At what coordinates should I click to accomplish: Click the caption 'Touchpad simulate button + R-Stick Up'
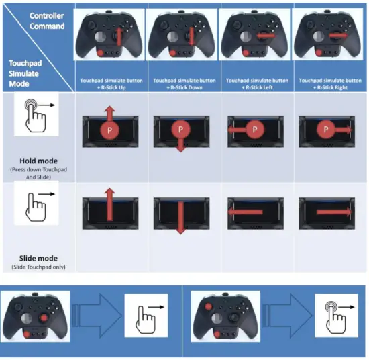tap(110, 83)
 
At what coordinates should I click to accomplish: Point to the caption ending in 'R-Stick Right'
tap(329, 83)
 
